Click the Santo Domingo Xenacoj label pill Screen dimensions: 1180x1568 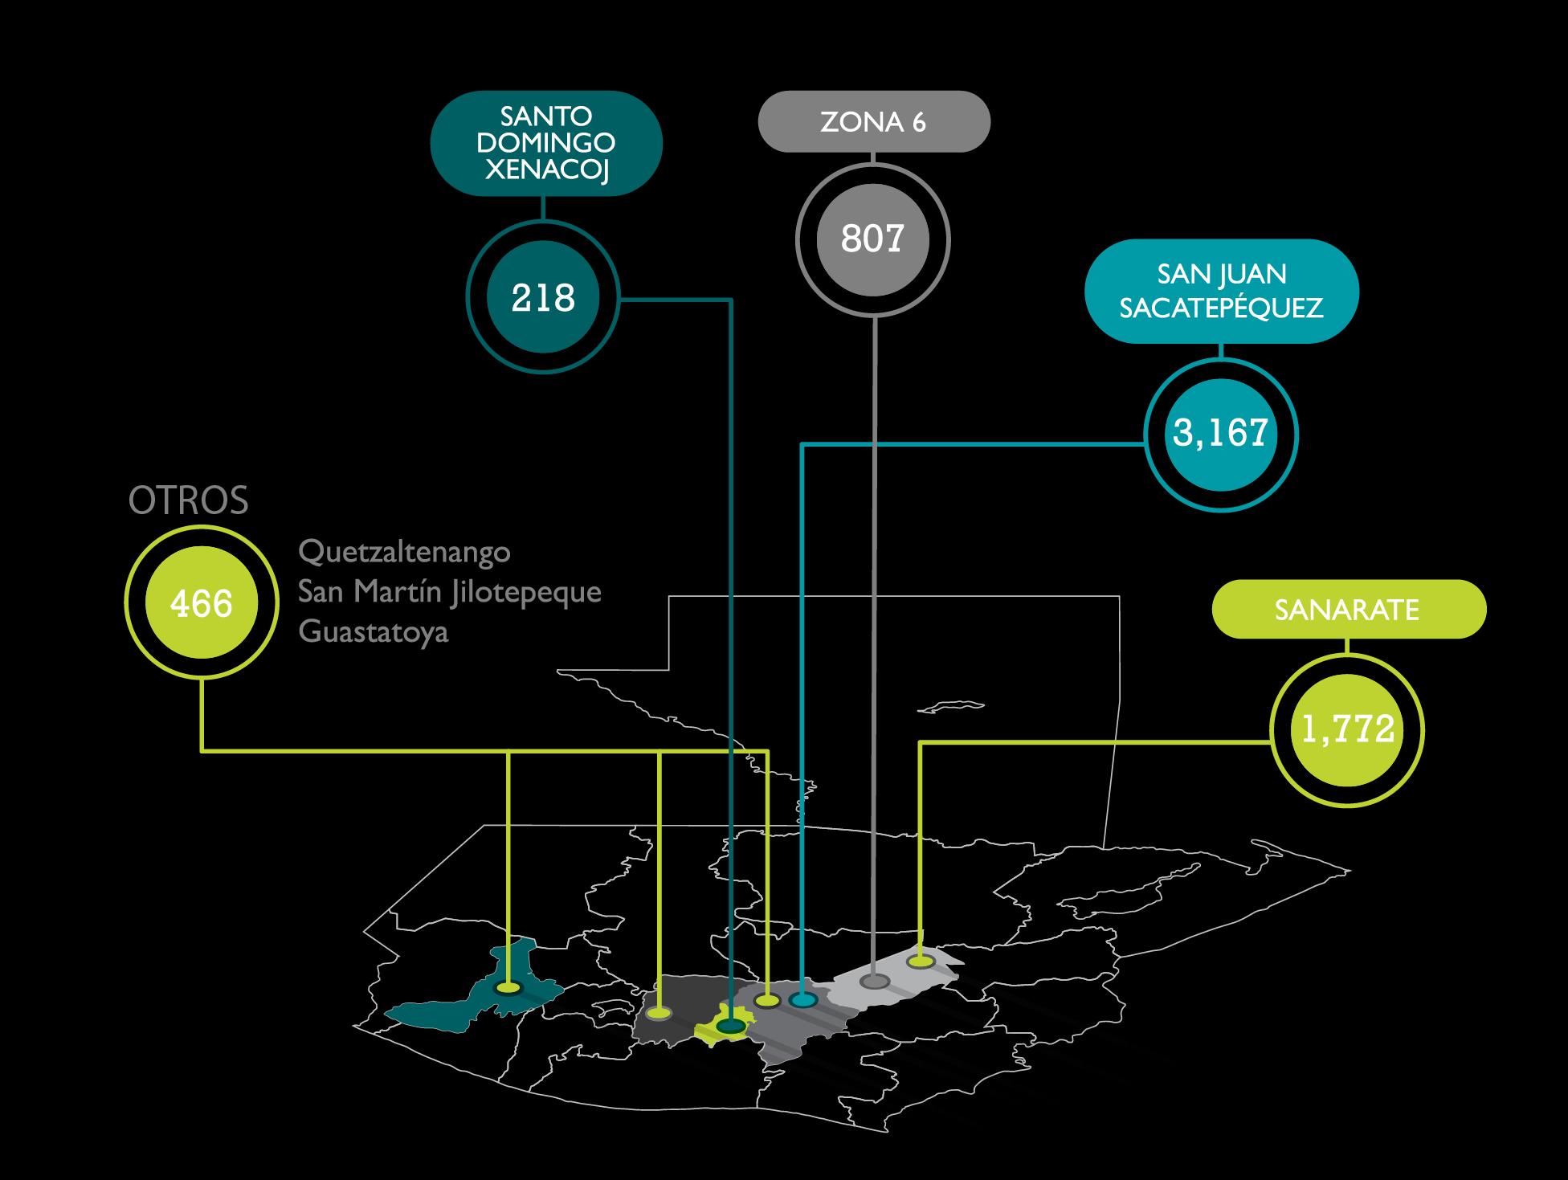(546, 143)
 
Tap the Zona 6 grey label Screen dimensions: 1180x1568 (874, 122)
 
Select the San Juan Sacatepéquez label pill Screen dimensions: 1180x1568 (1221, 291)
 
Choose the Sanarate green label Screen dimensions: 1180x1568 (1347, 610)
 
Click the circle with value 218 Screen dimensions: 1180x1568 (543, 299)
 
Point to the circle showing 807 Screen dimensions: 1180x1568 (873, 239)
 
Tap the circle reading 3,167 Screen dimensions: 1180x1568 (1220, 435)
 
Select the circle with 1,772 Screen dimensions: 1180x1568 (1347, 730)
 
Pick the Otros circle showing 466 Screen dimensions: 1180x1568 (201, 603)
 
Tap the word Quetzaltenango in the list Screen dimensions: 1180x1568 (404, 553)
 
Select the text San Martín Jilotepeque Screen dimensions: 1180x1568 (449, 592)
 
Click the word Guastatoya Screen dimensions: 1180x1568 (373, 632)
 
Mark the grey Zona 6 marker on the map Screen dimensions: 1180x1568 (874, 981)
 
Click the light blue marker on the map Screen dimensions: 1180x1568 (802, 1000)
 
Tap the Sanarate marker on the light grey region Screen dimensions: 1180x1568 (921, 962)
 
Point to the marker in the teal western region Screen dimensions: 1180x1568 (508, 987)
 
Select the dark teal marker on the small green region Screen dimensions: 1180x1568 (730, 1026)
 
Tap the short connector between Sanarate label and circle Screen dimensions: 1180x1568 (1347, 646)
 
